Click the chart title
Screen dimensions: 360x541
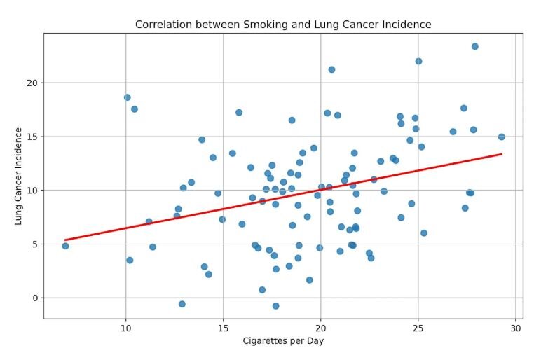(283, 25)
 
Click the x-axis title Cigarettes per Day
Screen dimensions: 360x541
(283, 341)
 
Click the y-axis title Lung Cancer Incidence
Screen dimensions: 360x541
(19, 176)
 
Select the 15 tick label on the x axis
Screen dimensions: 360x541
(224, 327)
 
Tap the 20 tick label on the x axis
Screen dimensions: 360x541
(321, 327)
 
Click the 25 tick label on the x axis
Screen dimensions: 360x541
(418, 327)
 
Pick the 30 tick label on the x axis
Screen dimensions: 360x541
(516, 327)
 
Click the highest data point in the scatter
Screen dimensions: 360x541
(475, 46)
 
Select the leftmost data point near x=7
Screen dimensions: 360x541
(65, 246)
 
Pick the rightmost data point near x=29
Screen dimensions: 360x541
(502, 137)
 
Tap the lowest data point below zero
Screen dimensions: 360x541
(276, 306)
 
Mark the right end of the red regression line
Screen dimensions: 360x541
(502, 154)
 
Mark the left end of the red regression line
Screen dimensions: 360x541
(65, 240)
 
